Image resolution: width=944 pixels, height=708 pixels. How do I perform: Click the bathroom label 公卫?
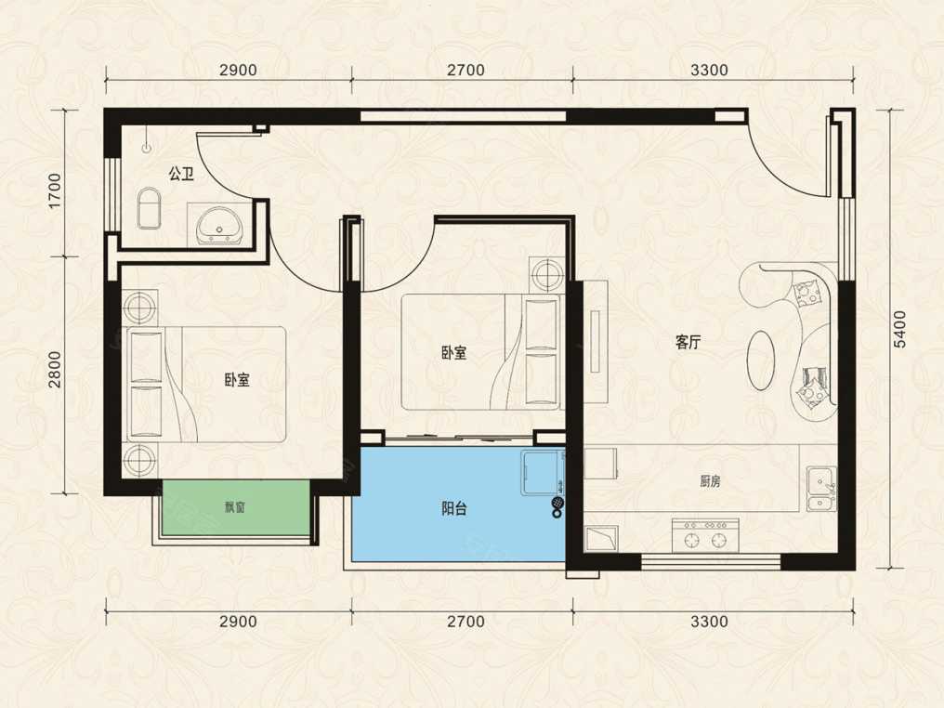[x=180, y=175]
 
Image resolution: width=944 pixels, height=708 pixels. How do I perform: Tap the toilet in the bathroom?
[x=149, y=208]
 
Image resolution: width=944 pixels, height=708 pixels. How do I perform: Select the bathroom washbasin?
[x=220, y=226]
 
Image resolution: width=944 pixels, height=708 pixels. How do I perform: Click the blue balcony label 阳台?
[x=454, y=509]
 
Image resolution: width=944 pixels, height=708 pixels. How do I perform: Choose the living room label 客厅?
[x=688, y=343]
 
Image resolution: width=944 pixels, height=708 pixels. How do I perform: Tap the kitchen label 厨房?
[x=710, y=481]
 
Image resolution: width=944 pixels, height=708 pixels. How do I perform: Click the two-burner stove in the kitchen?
[x=705, y=534]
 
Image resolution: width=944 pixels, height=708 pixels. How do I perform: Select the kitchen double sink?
[x=821, y=488]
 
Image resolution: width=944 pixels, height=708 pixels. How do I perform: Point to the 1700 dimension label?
[x=55, y=190]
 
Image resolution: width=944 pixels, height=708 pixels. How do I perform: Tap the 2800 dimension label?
[x=55, y=369]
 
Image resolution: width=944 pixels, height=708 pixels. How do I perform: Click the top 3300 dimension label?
[x=709, y=70]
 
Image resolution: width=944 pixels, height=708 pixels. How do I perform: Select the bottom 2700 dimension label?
[x=465, y=621]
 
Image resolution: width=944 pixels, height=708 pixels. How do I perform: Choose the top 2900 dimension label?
[x=238, y=70]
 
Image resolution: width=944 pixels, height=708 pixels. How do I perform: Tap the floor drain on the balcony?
[x=557, y=501]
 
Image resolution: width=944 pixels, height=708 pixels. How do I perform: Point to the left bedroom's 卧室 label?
[x=237, y=380]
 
